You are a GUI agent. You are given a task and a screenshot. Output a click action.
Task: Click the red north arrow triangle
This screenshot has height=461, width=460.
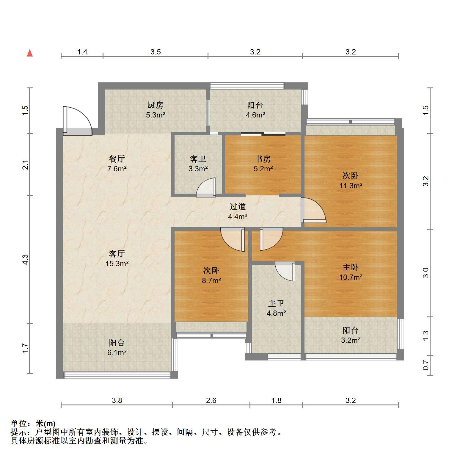point(30,53)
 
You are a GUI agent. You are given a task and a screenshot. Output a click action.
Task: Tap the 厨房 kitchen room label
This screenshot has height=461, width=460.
point(156,105)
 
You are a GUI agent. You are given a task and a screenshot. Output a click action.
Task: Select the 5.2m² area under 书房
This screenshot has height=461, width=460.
point(263,169)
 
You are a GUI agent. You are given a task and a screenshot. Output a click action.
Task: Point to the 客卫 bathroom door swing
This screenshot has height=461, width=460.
point(206,187)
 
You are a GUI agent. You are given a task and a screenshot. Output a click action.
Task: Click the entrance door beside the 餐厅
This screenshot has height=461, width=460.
point(77,121)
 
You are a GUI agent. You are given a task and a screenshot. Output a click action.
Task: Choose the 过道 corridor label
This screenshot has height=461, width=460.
point(238,206)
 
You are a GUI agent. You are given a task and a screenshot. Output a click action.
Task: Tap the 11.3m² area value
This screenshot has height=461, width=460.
point(351,186)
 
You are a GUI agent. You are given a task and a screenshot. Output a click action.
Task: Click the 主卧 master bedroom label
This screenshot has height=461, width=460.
point(351,267)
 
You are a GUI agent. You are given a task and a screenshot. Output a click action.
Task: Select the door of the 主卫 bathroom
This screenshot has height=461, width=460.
point(285,271)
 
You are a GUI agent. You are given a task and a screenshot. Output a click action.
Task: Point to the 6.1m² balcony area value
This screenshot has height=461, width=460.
point(117,353)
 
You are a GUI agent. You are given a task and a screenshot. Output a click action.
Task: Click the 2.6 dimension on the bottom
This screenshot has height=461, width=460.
point(211,400)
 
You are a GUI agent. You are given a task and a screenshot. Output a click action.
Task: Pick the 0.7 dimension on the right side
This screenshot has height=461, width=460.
point(426,365)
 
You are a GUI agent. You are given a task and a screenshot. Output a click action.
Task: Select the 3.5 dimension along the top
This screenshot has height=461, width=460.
point(156,52)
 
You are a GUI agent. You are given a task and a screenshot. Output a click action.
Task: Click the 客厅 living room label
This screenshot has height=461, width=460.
point(117,254)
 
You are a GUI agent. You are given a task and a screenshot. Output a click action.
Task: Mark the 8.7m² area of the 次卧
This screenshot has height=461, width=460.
point(211,280)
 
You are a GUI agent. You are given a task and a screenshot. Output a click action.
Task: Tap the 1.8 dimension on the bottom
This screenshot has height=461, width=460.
point(277,400)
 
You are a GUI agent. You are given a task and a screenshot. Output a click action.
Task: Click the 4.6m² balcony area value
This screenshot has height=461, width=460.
point(255,115)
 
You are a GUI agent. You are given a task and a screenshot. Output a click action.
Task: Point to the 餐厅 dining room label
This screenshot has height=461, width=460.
point(117,159)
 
